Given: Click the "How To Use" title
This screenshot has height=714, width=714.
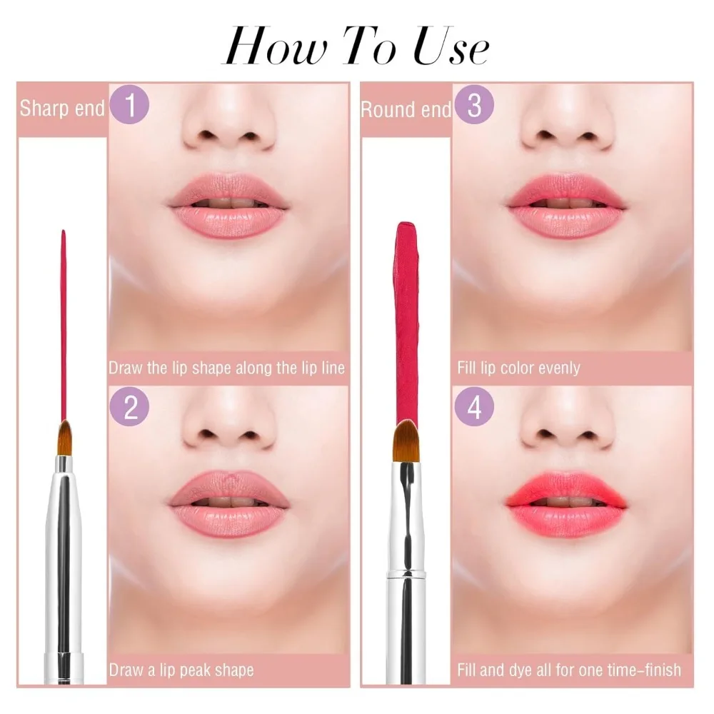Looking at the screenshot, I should pos(356,47).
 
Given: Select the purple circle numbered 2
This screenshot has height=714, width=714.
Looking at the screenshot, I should pos(131,408).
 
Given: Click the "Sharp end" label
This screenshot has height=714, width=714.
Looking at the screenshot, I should pos(62,109).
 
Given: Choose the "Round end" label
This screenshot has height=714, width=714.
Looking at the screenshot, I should pos(406,109).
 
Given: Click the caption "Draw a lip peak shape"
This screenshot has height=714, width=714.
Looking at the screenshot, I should pos(181,670).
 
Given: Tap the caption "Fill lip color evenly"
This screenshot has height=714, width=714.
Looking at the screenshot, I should pos(518,368).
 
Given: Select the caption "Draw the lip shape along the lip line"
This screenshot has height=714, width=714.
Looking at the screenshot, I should pos(227,368).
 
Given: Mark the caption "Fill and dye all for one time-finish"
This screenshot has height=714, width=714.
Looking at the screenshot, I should pos(569,670).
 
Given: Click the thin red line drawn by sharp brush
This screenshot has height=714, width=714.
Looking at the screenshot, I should pos(64,321).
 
